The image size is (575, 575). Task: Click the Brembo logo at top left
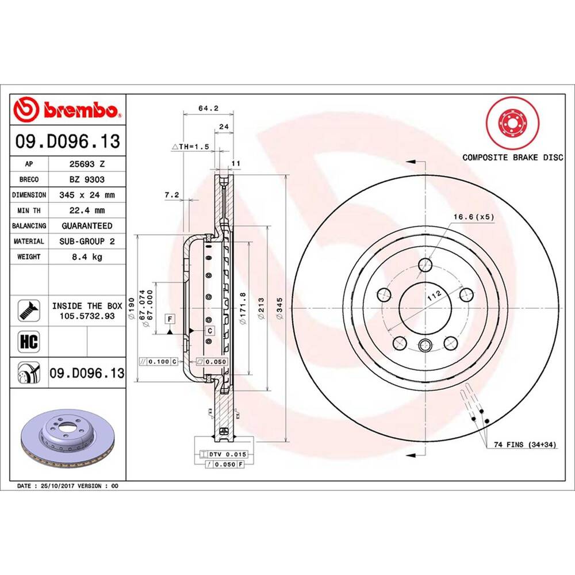[68, 109]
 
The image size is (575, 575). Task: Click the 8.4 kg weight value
[86, 257]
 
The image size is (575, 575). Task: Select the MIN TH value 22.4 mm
[86, 210]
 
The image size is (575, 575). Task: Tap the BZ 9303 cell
[86, 179]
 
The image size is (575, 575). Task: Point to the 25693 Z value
[86, 164]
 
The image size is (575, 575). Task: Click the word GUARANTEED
[86, 226]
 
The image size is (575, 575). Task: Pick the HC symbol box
[29, 341]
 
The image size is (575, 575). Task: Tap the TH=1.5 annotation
[191, 147]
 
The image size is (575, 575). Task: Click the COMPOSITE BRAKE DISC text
[513, 158]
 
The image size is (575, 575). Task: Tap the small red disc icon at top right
[511, 124]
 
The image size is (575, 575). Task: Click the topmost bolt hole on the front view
[425, 265]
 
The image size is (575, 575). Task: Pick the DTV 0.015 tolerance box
[227, 454]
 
